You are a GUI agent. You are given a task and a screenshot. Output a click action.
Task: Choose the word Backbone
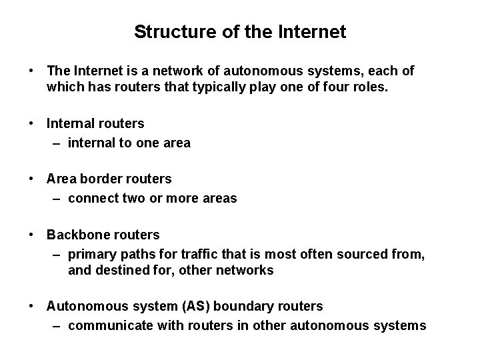[77, 235]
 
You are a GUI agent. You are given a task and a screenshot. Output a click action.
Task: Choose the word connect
[91, 198]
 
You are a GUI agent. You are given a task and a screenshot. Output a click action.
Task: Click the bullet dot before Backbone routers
[31, 235]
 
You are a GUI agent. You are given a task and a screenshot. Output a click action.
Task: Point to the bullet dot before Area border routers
[31, 179]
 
